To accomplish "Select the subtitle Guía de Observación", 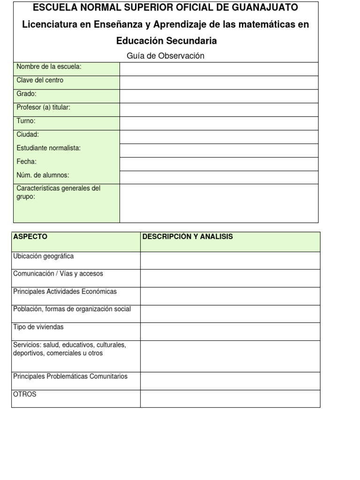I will [165, 56].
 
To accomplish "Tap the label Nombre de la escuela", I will [49, 67].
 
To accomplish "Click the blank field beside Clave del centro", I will [219, 82].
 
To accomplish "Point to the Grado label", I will [26, 94].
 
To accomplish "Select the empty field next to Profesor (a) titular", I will [219, 110].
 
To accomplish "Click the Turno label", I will [26, 121].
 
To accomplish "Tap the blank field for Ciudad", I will [219, 137].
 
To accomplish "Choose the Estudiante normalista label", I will [48, 148].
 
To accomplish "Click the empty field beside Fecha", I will [219, 164].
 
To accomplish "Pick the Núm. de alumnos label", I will [43, 175].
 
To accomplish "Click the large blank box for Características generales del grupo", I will [219, 203].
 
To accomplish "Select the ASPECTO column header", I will [30, 237].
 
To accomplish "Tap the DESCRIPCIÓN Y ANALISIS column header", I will [187, 237].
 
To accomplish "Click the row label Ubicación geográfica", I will [43, 256].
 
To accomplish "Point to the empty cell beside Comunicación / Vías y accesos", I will [230, 278].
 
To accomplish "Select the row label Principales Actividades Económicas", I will [65, 292].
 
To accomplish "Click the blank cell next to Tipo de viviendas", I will [230, 331].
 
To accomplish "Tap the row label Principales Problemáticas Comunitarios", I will [70, 376].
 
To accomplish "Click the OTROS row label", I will [25, 394].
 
